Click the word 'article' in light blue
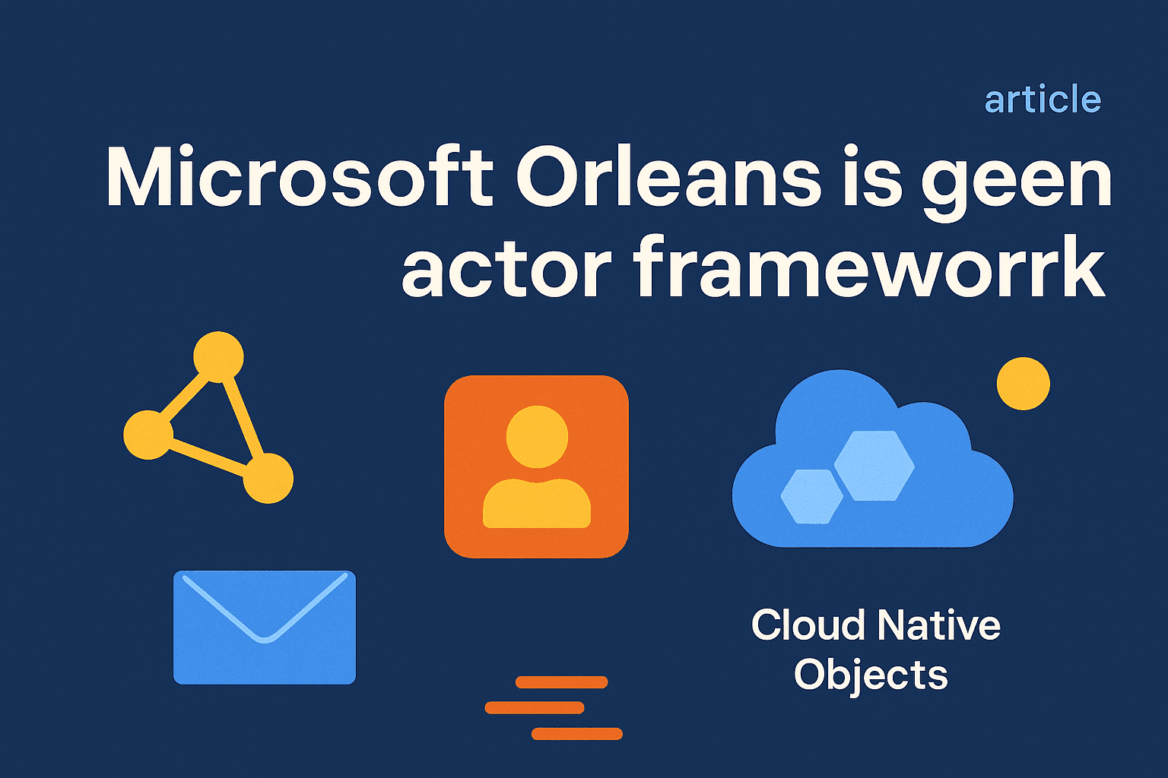(1043, 99)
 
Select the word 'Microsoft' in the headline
(300, 176)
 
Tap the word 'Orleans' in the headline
(668, 176)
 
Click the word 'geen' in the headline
(1016, 183)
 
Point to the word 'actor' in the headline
(506, 266)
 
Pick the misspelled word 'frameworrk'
(869, 266)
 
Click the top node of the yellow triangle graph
(218, 357)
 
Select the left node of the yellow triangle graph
(148, 435)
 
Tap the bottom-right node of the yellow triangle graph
(268, 479)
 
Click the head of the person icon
(537, 437)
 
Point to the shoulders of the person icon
(537, 504)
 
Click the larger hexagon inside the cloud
(874, 465)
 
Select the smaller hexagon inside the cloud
(812, 497)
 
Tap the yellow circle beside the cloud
(1023, 384)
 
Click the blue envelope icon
(265, 628)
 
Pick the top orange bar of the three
(562, 682)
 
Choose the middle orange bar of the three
(535, 707)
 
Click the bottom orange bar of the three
(576, 734)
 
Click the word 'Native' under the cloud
(938, 625)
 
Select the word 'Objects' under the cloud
(870, 676)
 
